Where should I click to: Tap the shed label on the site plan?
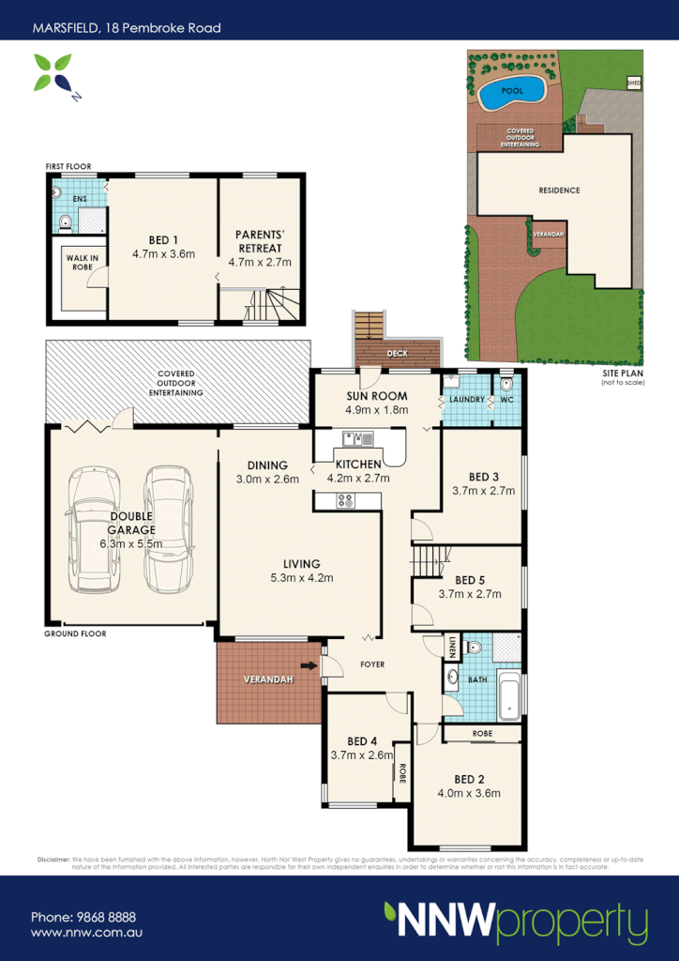634,84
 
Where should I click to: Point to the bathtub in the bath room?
509,695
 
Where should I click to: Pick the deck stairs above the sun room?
370,325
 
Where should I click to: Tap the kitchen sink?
357,437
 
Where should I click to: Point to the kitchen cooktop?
345,501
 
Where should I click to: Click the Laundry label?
466,400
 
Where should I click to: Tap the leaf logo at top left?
53,75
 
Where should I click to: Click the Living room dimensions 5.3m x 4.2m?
296,577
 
